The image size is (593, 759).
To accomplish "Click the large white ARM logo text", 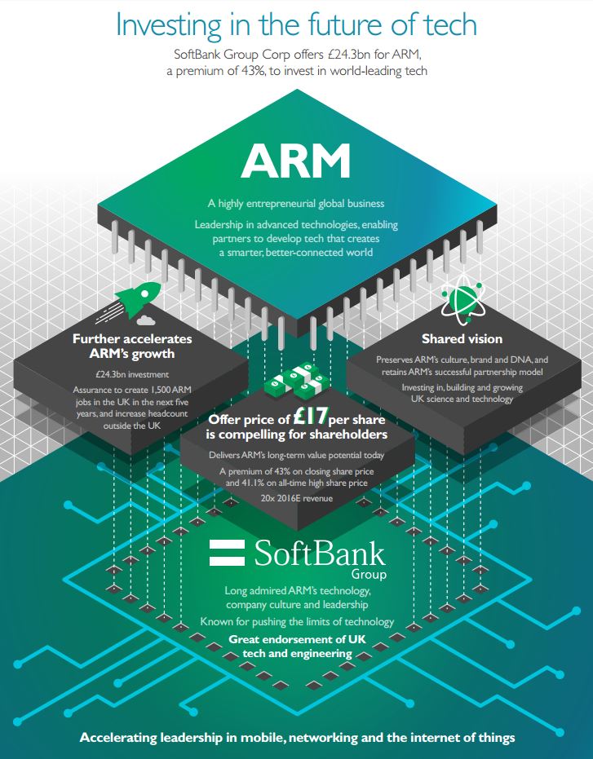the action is [x=296, y=161].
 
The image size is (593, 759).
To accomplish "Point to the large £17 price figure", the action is [x=311, y=417].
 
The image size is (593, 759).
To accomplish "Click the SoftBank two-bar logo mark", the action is [x=227, y=552].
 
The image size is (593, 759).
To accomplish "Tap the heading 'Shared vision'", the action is [x=462, y=339].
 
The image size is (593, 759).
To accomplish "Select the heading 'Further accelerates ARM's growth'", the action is [x=132, y=346].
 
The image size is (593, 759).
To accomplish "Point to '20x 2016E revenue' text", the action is [x=297, y=498].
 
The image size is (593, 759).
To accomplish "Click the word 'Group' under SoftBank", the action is [x=370, y=575].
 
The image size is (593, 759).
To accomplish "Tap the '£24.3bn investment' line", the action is [x=132, y=374].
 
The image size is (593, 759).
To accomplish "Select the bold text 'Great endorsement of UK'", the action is [x=297, y=639].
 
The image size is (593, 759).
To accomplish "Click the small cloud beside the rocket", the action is [x=146, y=320].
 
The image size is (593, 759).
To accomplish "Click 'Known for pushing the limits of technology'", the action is [x=297, y=621].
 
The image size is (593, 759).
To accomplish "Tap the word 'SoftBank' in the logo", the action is [x=320, y=553].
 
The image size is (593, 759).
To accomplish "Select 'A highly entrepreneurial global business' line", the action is [x=296, y=203].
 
